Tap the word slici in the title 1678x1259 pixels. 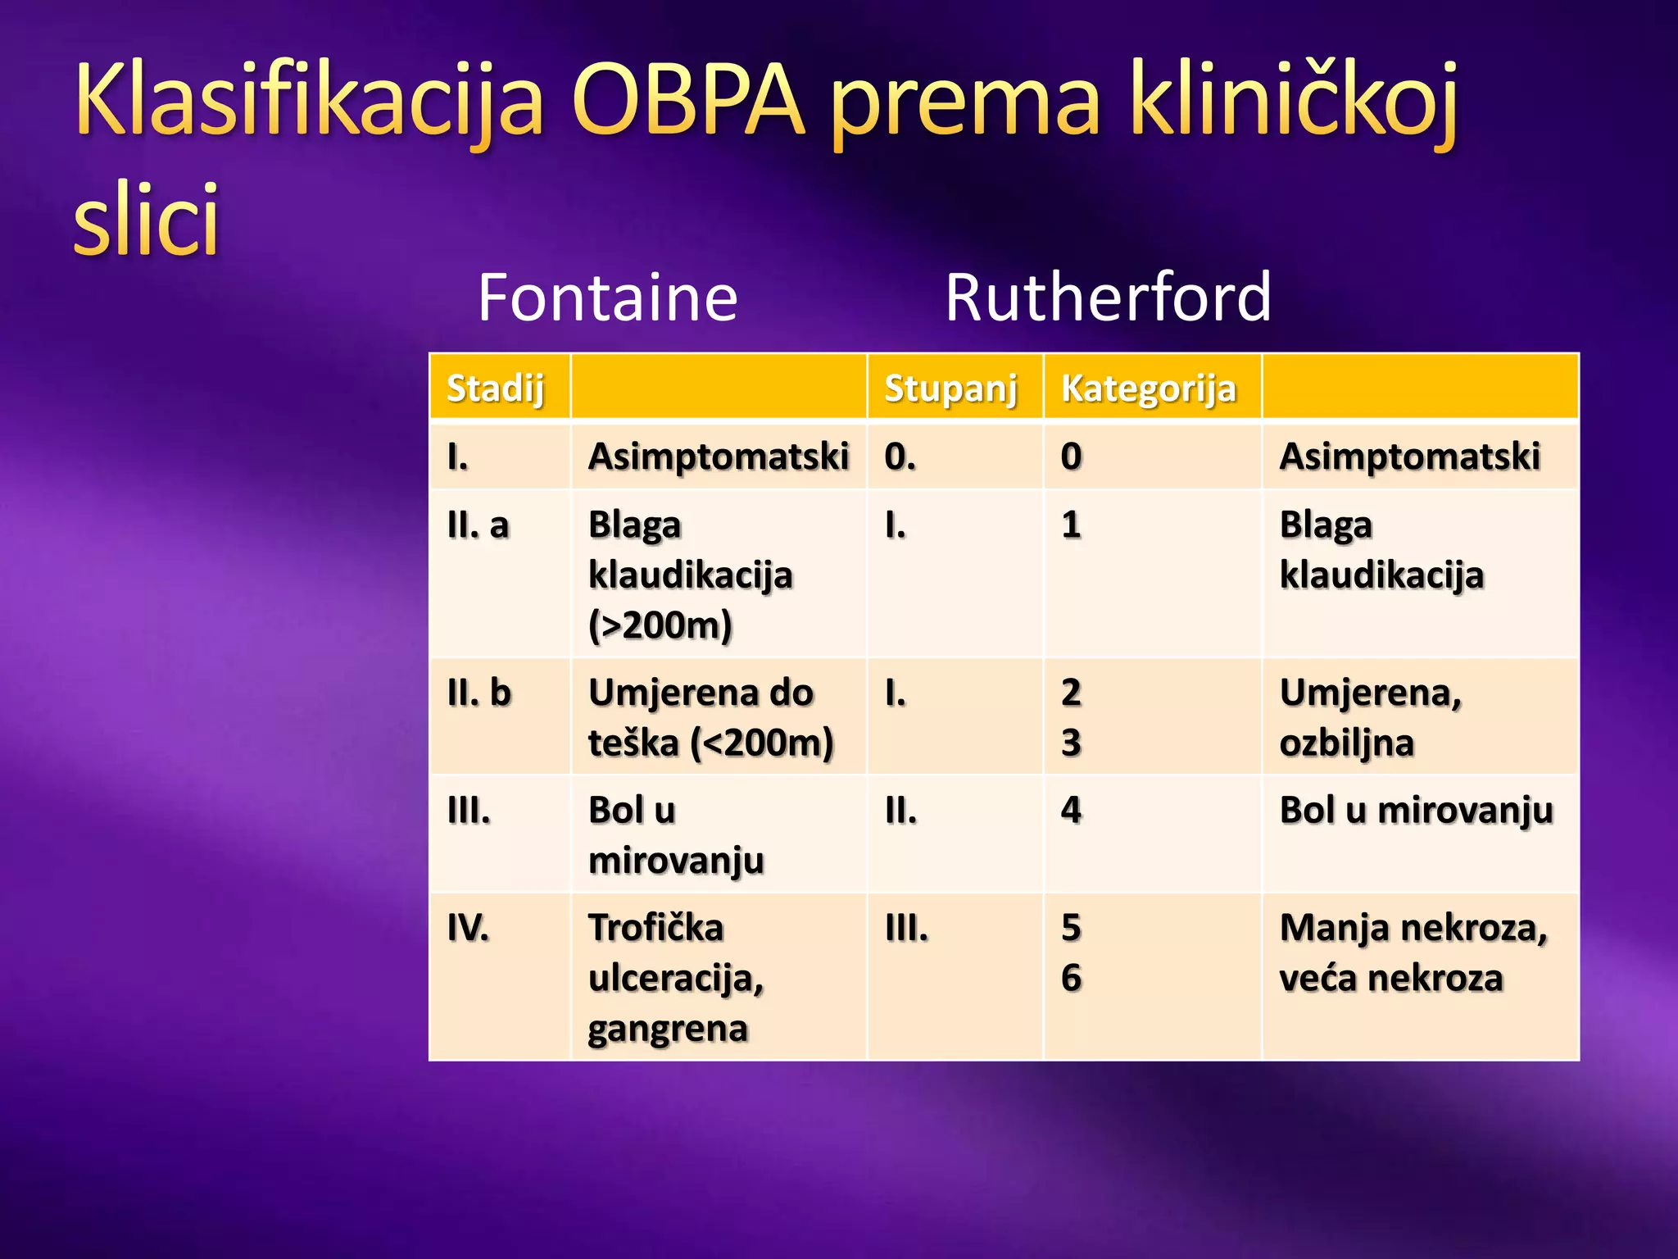coord(147,220)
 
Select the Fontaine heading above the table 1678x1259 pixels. coord(608,297)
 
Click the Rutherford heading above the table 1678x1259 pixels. coord(1108,297)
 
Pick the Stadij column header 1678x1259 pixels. coord(496,388)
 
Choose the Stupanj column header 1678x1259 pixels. coord(950,388)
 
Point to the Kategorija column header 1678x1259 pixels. coord(1148,388)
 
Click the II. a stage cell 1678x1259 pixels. coord(478,525)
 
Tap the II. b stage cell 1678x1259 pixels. coord(479,693)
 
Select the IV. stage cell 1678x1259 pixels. coord(469,928)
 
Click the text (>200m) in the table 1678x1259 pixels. coord(660,625)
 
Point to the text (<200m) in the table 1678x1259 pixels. coord(762,743)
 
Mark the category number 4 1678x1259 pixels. coord(1071,810)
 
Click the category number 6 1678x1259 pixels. coord(1071,978)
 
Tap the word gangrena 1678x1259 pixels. coord(668,1029)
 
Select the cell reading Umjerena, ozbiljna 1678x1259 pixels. coord(1371,717)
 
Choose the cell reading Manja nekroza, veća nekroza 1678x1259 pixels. coord(1413,952)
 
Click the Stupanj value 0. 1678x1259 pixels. coord(900,457)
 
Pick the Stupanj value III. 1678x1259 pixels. coord(907,928)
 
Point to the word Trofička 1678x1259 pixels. coord(656,928)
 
